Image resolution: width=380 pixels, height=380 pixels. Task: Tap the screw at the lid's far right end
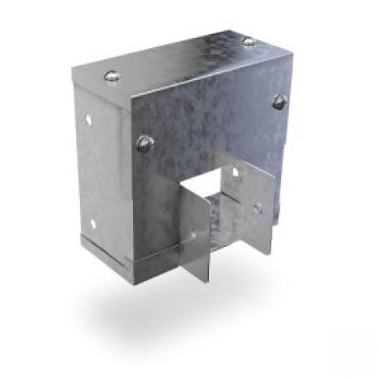[x=247, y=41]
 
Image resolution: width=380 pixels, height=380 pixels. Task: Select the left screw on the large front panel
[x=144, y=140]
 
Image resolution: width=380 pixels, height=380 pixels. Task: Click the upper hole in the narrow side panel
[x=89, y=119]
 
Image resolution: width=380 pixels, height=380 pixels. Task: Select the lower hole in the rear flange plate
[x=258, y=207]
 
